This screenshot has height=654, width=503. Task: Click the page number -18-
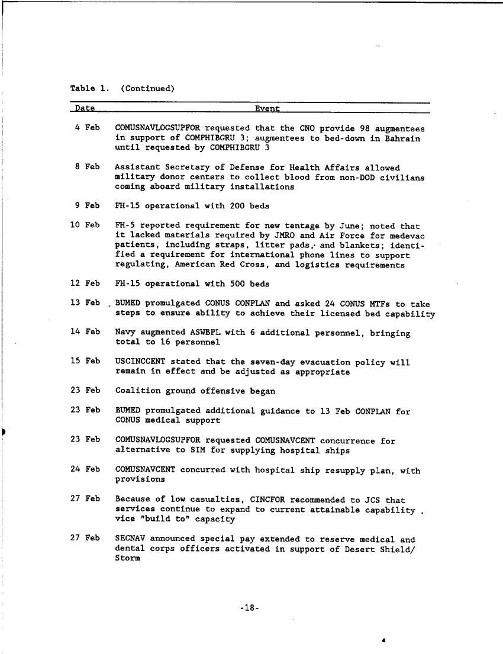(251, 607)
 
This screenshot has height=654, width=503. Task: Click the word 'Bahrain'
(403, 138)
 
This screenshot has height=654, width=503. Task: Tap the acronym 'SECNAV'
(130, 539)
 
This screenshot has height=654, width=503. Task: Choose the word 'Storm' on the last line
(128, 559)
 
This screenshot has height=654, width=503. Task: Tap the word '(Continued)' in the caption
(147, 89)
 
